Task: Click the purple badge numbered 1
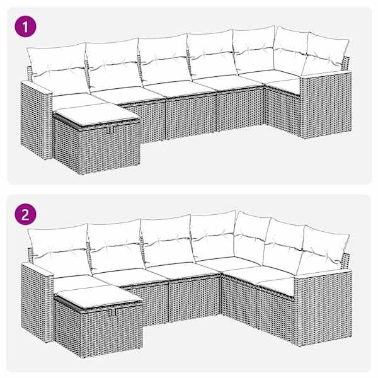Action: pos(25,26)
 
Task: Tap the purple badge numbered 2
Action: pos(25,214)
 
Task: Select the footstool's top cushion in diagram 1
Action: pos(96,114)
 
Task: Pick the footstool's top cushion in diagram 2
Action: pos(98,296)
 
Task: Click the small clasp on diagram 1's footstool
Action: pos(111,129)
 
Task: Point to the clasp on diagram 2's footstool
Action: pos(112,312)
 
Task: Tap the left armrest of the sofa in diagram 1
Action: pos(36,120)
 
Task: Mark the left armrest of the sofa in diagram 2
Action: pos(37,302)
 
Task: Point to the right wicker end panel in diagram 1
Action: pos(326,105)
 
